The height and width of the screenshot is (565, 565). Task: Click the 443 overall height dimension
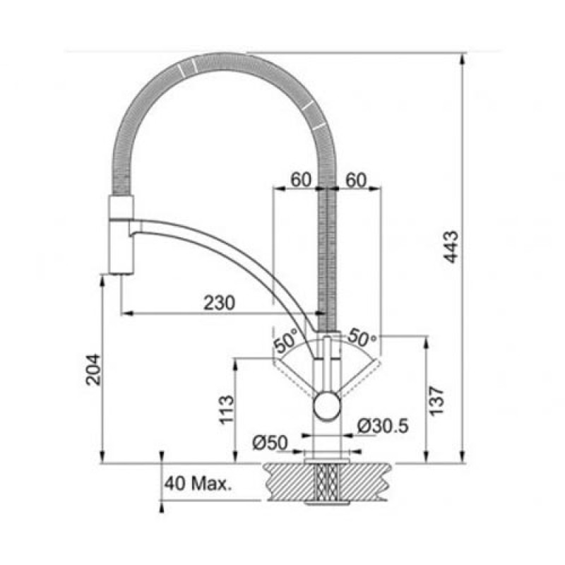(x=451, y=247)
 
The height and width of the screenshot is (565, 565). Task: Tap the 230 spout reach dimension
(x=219, y=303)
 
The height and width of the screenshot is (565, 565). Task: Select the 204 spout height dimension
(x=93, y=369)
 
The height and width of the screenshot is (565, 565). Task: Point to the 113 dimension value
(x=227, y=410)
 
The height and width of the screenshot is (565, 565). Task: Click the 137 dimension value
(x=436, y=401)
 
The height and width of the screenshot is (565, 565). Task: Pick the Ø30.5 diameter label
(x=383, y=427)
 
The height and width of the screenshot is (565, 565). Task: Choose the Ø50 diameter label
(x=270, y=443)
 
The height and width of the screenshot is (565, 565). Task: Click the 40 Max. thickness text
(x=198, y=484)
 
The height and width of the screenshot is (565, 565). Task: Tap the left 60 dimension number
(x=301, y=180)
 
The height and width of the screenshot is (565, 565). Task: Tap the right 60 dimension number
(x=356, y=180)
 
